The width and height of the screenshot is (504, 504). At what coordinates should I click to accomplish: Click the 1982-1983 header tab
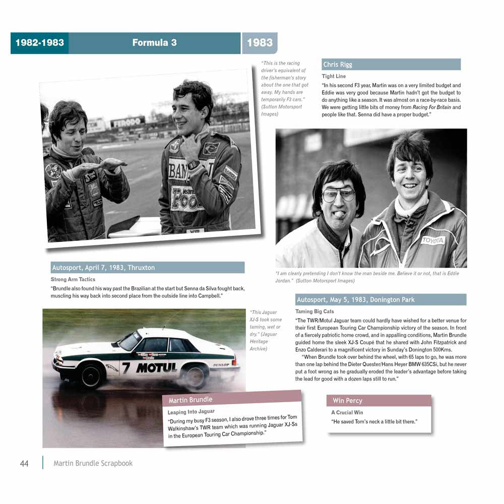pyautogui.click(x=39, y=43)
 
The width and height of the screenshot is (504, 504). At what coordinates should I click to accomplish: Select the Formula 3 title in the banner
pyautogui.click(x=154, y=43)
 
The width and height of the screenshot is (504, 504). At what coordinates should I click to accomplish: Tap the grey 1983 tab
pyautogui.click(x=260, y=43)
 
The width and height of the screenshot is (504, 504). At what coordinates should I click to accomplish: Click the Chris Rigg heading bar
pyautogui.click(x=391, y=65)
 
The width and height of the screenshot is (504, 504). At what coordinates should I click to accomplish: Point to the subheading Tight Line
pyautogui.click(x=334, y=77)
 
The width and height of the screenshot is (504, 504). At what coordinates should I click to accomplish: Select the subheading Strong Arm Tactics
pyautogui.click(x=73, y=279)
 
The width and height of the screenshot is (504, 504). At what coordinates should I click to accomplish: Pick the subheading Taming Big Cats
pyautogui.click(x=314, y=311)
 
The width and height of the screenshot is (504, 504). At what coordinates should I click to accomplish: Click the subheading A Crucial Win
pyautogui.click(x=347, y=413)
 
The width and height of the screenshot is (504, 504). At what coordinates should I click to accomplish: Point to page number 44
pyautogui.click(x=24, y=463)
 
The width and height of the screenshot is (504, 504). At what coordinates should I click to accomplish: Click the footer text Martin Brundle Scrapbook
pyautogui.click(x=93, y=463)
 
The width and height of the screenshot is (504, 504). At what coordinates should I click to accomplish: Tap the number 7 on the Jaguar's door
pyautogui.click(x=125, y=367)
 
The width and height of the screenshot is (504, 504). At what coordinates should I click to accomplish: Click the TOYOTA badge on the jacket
pyautogui.click(x=433, y=240)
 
